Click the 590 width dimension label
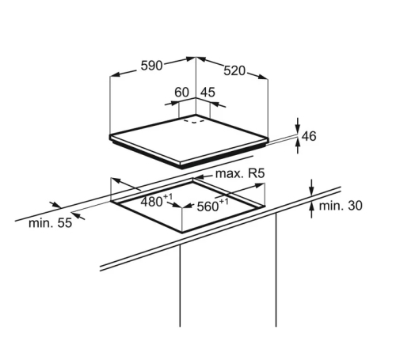click(x=151, y=66)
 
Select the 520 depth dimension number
click(x=234, y=70)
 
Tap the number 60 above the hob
click(x=181, y=93)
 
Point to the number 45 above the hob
click(x=208, y=93)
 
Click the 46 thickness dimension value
click(x=309, y=136)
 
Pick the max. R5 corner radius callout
click(x=240, y=174)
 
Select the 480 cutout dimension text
click(x=156, y=201)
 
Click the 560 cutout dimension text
click(x=212, y=206)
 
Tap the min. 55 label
click(x=50, y=223)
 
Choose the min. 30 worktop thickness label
click(x=341, y=206)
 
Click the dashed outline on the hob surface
click(x=194, y=121)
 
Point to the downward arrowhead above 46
click(x=298, y=129)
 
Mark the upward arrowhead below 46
click(x=298, y=144)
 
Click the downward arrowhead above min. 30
click(x=312, y=191)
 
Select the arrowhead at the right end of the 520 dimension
click(x=263, y=77)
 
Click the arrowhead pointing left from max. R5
click(x=198, y=177)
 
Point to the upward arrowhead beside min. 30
click(x=312, y=207)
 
